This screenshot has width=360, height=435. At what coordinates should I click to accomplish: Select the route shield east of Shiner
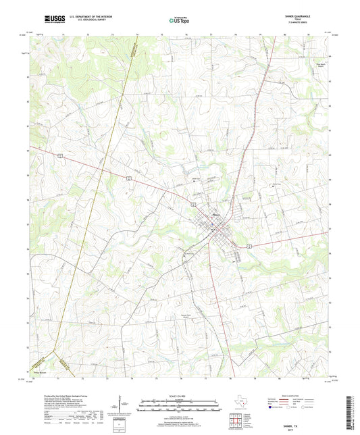249,247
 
